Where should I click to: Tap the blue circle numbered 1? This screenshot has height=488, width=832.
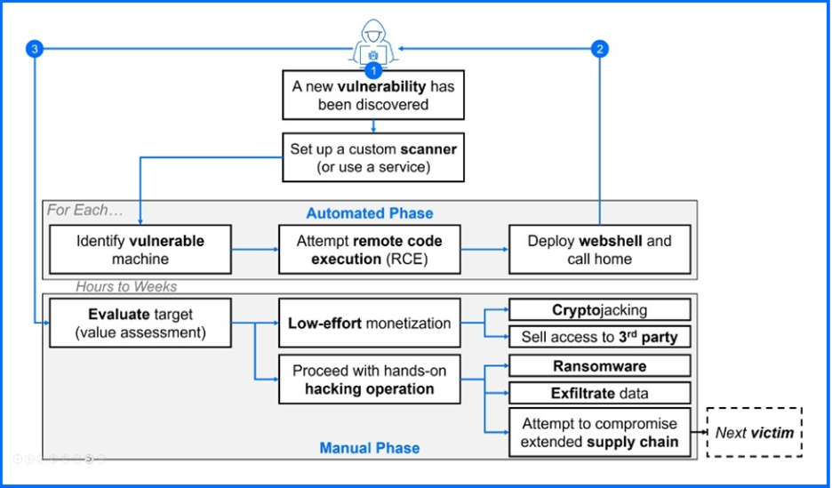pos(373,68)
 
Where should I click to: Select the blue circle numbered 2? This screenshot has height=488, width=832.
pos(600,49)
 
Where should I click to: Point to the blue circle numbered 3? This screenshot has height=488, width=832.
pos(35,49)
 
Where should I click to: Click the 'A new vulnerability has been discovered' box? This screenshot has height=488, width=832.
pos(373,96)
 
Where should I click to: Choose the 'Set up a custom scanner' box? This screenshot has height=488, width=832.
pos(373,158)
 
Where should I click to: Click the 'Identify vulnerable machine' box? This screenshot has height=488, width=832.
pos(140,250)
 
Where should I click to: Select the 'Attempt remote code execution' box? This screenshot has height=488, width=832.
pos(369,250)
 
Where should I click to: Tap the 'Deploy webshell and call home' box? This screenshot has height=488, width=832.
pos(599,250)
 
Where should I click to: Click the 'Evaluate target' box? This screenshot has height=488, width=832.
pos(140,324)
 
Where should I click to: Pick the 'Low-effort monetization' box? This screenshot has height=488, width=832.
pos(369,324)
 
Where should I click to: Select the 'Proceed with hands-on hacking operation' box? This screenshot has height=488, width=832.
pos(369,380)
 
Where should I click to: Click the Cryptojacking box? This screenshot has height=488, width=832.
pos(599,310)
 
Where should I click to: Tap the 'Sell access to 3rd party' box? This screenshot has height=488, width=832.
pos(599,338)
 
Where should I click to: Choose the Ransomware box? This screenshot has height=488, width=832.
pos(599,366)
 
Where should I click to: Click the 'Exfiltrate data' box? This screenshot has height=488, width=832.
pos(599,393)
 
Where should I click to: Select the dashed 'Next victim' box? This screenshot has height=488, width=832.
pos(754,432)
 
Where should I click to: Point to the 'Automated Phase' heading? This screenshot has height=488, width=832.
pos(370,213)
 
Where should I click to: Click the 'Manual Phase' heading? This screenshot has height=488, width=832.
pos(370,448)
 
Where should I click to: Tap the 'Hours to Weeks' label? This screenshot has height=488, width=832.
pos(126,286)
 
